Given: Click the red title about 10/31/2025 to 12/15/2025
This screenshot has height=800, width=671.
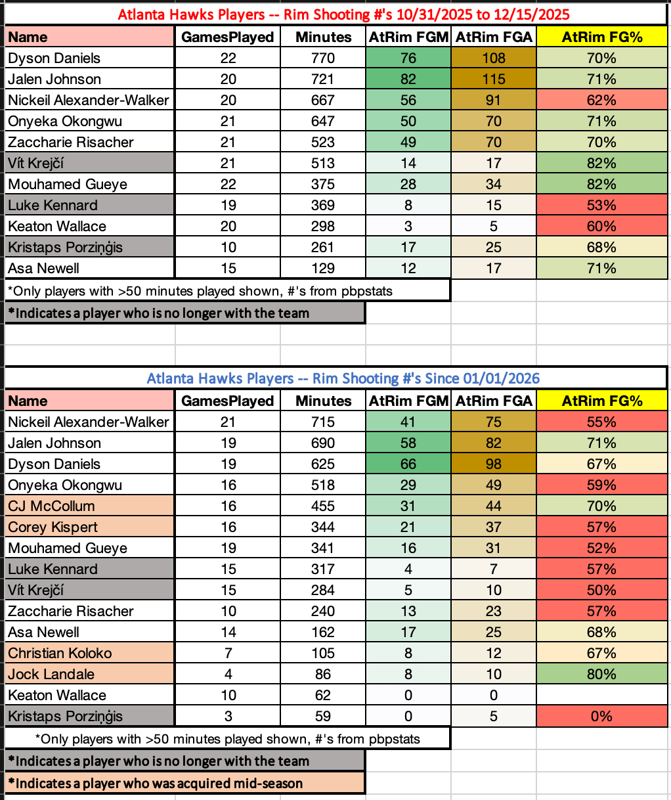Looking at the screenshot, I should pos(343,14).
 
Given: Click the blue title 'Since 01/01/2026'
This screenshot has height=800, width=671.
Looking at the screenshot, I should pos(343,378).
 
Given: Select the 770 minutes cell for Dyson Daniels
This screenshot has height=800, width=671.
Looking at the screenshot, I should pos(324,58).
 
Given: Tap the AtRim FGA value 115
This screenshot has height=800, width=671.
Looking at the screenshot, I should pos(494,79).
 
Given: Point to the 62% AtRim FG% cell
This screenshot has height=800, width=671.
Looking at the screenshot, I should pos(601,100).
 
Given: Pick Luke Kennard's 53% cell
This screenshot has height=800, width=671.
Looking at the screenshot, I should pos(601,205).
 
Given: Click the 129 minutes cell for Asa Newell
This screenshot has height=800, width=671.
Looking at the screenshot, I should pos(324,268).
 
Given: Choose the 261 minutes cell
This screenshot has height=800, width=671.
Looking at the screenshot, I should pos(324,247).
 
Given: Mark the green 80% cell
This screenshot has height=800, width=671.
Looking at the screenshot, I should pos(601,674).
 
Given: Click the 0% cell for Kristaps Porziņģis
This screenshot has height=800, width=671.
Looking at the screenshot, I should pos(601,716).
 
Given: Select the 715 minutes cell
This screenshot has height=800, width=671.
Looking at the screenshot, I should pos(324,422).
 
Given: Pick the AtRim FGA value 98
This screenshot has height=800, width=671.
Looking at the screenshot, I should pos(494,464).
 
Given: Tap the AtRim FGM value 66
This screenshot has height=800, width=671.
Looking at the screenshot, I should pos(408,464).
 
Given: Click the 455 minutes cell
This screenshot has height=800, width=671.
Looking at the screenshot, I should pos(324,506).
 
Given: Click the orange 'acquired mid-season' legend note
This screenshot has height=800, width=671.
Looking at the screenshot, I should pos(184,783).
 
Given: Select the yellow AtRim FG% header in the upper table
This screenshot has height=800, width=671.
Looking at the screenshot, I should pos(601,37).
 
